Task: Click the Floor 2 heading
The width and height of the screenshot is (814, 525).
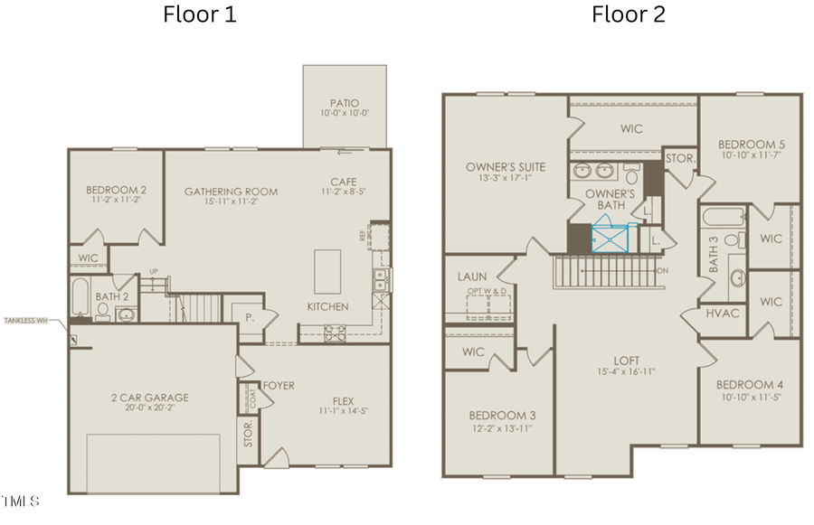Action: point(629,14)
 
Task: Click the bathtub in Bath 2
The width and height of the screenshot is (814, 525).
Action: point(80,295)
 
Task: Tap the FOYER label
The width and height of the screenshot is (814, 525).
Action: point(279,386)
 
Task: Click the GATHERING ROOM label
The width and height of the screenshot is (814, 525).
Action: point(231,192)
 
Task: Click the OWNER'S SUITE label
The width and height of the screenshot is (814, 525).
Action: point(506,167)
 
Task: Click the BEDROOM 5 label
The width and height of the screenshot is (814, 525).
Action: point(751,145)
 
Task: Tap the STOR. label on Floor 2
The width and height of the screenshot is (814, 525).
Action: point(679,158)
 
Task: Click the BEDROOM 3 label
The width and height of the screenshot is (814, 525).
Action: point(502,415)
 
